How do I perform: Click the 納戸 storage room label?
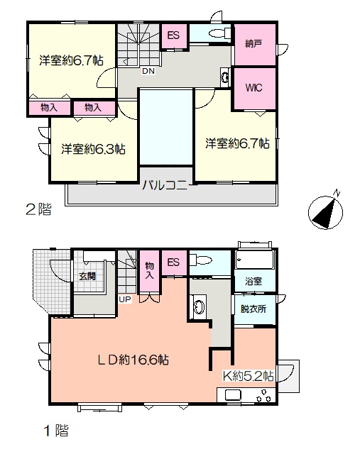click(253, 44)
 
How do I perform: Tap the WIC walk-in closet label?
click(254, 87)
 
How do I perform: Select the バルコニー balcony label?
click(165, 184)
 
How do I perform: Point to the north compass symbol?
click(325, 211)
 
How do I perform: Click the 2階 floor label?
click(39, 209)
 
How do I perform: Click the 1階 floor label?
click(56, 431)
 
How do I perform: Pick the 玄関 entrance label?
click(87, 276)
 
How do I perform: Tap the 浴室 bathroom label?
click(253, 281)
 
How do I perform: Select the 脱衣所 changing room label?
click(253, 309)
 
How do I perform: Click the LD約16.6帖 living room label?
click(133, 360)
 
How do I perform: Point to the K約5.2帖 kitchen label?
click(248, 376)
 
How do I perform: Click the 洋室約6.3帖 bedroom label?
click(93, 149)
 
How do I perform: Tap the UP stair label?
click(125, 299)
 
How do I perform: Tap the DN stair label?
click(148, 71)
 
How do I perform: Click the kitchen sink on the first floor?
click(233, 394)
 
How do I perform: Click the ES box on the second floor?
click(174, 35)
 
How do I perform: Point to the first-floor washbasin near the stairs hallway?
click(199, 307)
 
